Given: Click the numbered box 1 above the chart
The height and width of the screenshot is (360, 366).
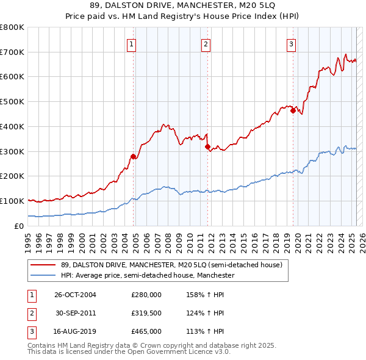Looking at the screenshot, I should pyautogui.click(x=132, y=44).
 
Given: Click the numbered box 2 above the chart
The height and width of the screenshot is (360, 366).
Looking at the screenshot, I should pyautogui.click(x=206, y=44).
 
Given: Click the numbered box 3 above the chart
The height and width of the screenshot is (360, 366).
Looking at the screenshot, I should pyautogui.click(x=291, y=44).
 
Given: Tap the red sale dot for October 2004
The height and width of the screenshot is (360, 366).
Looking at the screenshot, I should pyautogui.click(x=133, y=156).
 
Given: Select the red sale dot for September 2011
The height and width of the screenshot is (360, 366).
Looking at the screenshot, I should pyautogui.click(x=207, y=146).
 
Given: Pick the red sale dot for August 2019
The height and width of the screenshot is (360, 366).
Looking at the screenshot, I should pyautogui.click(x=293, y=110).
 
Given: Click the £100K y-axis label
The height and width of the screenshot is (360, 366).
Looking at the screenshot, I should pyautogui.click(x=12, y=201).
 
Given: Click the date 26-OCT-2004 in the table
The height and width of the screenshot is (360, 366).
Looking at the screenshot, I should pyautogui.click(x=75, y=295).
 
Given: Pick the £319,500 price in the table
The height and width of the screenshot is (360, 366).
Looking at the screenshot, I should pyautogui.click(x=146, y=314).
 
